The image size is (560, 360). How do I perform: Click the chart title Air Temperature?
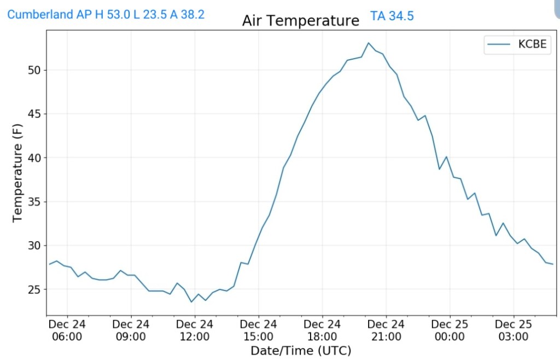coord(301,21)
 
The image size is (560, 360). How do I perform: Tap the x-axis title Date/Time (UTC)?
coord(301,351)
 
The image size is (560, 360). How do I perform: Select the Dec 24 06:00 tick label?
coord(67,330)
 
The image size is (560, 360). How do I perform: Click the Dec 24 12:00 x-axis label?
coord(195,330)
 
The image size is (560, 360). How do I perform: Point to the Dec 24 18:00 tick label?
coord(322,330)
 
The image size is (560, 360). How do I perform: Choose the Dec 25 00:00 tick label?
coord(450,330)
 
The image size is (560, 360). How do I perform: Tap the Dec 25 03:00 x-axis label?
coord(514,330)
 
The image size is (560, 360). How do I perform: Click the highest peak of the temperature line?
coord(369,43)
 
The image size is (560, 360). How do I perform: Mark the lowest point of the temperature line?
coord(191,302)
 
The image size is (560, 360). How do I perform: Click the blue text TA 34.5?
coord(392,16)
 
